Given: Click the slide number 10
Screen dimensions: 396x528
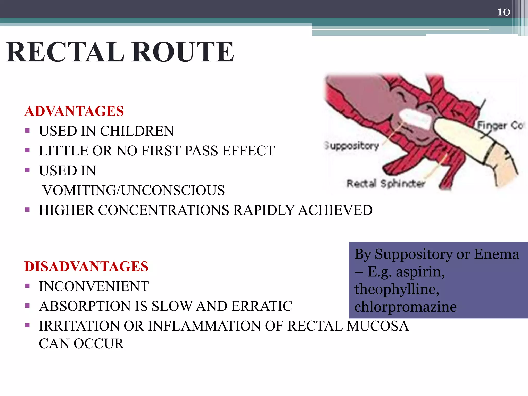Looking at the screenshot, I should pos(503,12).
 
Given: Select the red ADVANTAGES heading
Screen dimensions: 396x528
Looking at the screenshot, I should pos(74,111).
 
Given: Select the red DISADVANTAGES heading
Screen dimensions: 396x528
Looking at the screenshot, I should pos(86,266).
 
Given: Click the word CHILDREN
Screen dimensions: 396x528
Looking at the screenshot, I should pos(137,131).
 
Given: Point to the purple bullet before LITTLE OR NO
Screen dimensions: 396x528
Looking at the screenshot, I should pos(28,150).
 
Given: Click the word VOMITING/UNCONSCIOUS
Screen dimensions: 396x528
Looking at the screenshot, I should pos(134,190).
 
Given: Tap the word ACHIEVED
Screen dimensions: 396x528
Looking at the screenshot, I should pos(335,210).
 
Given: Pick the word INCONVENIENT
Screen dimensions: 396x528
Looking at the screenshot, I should pos(94,286).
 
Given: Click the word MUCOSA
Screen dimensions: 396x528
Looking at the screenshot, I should pos(378,326).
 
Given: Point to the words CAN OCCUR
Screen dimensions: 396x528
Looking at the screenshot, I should pos(81,343).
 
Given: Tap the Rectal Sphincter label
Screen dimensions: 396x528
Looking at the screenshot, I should pos(386,184).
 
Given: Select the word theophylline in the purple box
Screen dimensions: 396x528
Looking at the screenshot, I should pos(397,289).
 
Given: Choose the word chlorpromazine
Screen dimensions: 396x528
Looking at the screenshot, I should pos(405,307).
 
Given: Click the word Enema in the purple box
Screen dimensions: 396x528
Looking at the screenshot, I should pos(496,254).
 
